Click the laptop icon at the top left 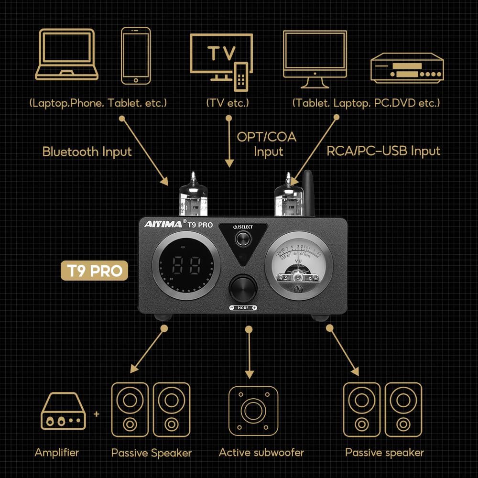pos(66,54)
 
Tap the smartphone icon pos(136,55)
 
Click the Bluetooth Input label pos(87,152)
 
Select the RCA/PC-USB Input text pos(383,151)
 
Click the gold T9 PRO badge pos(94,271)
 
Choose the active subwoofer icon pos(253,410)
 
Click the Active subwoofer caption pos(261,452)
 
